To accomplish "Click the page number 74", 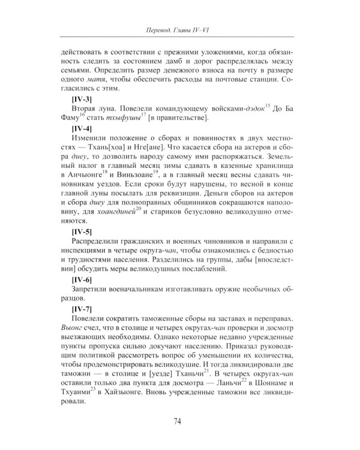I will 179,421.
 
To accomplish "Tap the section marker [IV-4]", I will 82,129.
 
